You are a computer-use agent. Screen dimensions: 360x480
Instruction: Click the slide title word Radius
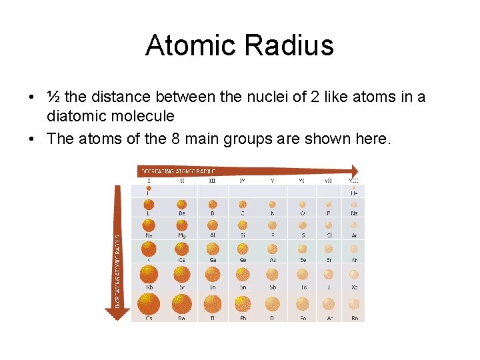click(289, 45)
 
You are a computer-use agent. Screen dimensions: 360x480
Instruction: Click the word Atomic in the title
click(190, 45)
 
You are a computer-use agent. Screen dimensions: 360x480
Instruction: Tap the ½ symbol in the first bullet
click(53, 97)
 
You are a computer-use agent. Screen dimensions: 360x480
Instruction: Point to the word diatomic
click(75, 116)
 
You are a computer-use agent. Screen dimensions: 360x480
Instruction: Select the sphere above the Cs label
click(149, 304)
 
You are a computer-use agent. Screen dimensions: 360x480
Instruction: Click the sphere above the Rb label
click(149, 274)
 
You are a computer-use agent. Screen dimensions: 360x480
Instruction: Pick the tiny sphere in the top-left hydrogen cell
click(149, 189)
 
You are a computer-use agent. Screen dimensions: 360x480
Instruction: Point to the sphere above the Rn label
click(354, 305)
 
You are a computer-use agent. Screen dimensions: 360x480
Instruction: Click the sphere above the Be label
click(181, 205)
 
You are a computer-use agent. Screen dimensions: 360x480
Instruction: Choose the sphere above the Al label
click(212, 225)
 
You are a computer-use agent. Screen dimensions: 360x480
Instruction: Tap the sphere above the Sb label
click(272, 274)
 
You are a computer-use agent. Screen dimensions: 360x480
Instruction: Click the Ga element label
click(212, 261)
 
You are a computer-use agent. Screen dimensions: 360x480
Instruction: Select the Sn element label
click(243, 287)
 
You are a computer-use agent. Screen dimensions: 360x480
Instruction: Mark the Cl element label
click(328, 235)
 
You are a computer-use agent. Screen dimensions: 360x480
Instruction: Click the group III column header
click(212, 180)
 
